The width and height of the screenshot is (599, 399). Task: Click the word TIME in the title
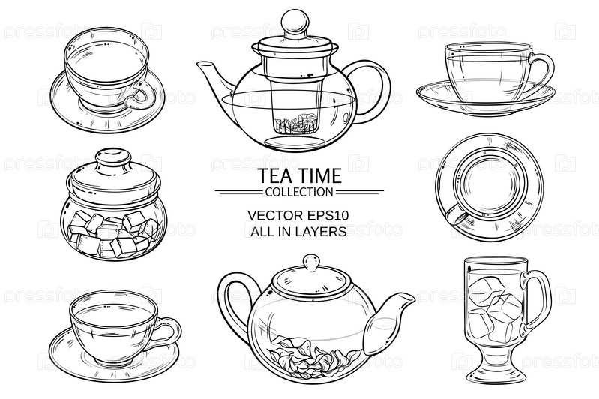click(320, 175)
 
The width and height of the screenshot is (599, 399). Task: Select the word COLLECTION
click(299, 192)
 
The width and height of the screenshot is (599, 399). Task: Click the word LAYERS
click(324, 231)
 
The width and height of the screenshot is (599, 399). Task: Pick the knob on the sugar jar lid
click(113, 157)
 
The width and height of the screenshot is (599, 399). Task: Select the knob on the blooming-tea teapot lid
click(311, 262)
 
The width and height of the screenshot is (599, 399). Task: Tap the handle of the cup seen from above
click(457, 215)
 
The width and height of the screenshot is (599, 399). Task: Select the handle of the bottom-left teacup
click(167, 331)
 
